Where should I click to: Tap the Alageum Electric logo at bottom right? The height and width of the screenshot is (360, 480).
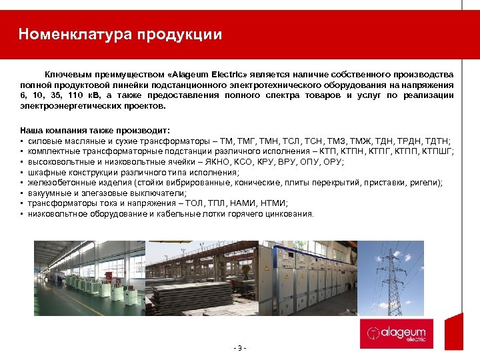(397, 333)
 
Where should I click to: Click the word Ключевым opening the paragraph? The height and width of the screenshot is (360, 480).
(66, 74)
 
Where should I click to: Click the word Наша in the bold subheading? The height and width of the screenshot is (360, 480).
(31, 129)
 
